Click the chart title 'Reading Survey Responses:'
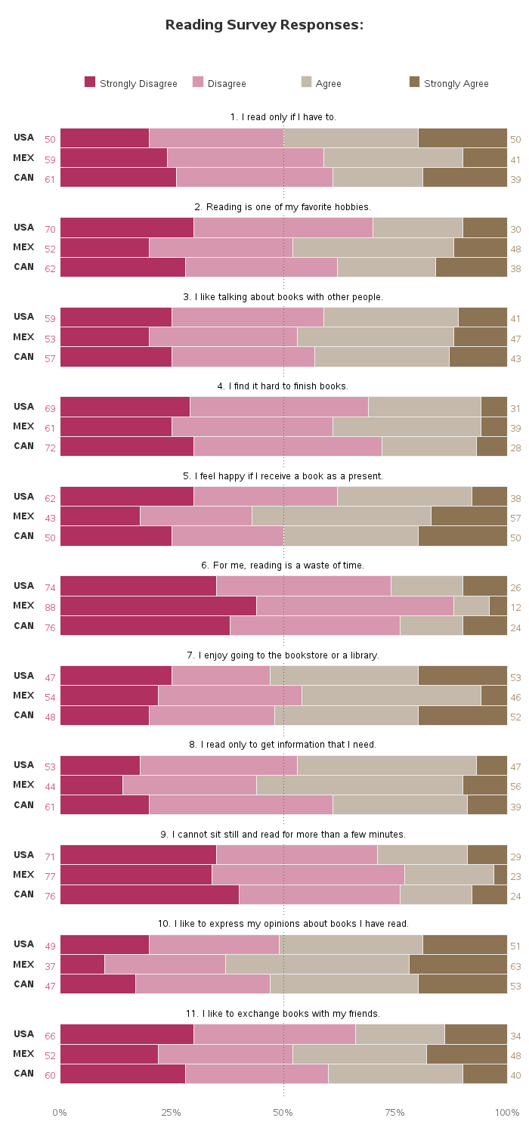tap(264, 25)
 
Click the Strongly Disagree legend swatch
tap(90, 82)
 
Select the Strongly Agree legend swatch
tap(414, 82)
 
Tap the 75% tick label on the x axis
tap(394, 1112)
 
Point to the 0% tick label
tap(59, 1112)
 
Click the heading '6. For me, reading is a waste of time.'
tap(283, 565)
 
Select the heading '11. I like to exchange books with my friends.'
tap(283, 1014)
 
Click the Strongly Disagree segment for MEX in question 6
tap(159, 606)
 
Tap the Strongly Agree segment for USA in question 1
tap(462, 138)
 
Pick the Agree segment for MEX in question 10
tap(317, 965)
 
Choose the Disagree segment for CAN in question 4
tap(288, 447)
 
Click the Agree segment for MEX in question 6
tap(472, 606)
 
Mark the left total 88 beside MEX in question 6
tap(50, 608)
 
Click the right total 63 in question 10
tap(515, 966)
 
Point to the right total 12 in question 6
tap(515, 608)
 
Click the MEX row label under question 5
tap(23, 516)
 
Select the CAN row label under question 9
tap(23, 894)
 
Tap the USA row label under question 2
tap(23, 228)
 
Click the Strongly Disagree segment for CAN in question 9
tap(150, 895)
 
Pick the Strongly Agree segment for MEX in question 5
tap(469, 516)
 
